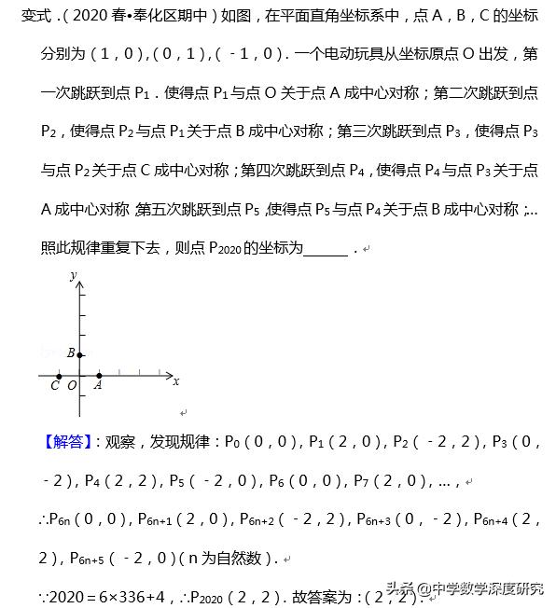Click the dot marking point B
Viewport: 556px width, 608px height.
pos(80,354)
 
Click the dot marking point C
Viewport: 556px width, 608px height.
pos(59,376)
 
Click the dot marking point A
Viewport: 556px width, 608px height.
pos(99,376)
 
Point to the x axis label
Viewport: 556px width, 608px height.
pos(175,380)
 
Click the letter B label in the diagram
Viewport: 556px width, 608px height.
pos(71,352)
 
